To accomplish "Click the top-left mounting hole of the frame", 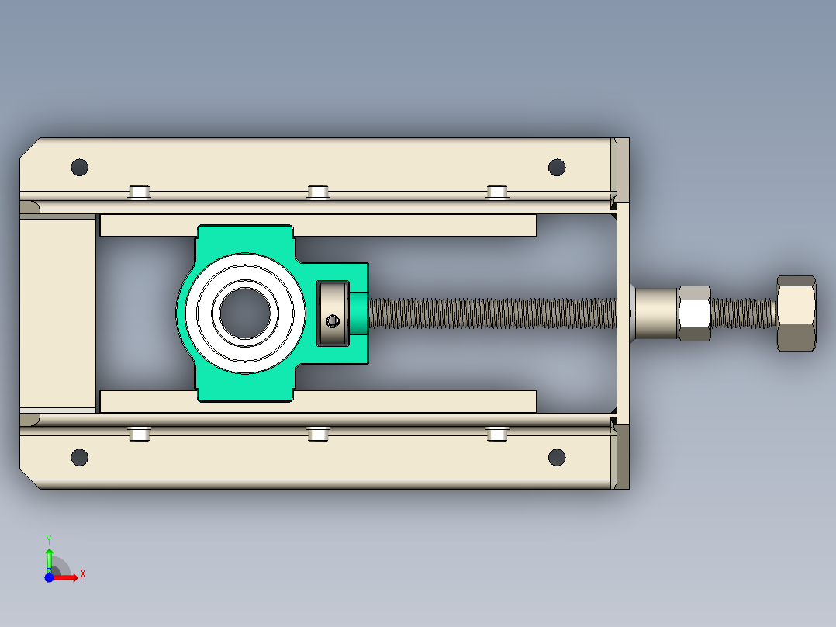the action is coord(79,167).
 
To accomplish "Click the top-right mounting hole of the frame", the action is coord(557,167).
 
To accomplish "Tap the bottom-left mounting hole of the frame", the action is coord(79,457).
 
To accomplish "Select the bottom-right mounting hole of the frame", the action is coord(557,457).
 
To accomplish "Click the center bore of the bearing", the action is coord(245,313).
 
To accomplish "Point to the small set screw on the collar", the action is coord(333,320).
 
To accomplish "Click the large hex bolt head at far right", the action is coord(796,313).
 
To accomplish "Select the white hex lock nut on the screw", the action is coord(694,313).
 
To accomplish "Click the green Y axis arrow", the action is coord(49,559).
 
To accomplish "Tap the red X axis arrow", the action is coord(66,577).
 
